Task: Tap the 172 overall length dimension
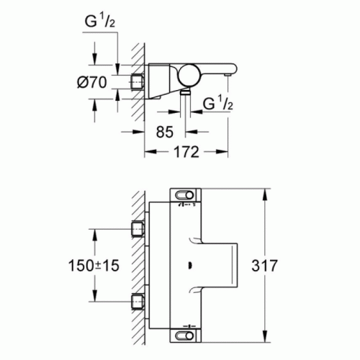click(186, 153)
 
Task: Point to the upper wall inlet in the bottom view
click(138, 230)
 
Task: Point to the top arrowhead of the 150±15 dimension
click(94, 232)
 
